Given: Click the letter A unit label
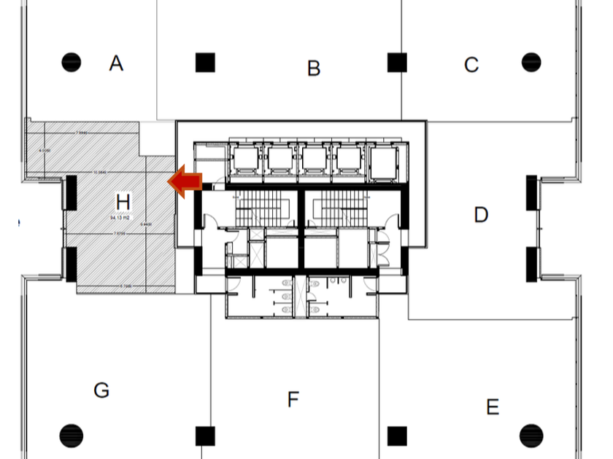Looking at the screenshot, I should [x=116, y=64].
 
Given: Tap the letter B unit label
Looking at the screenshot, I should [x=314, y=68].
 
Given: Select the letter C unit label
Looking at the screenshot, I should [x=471, y=65].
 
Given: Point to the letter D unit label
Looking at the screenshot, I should [x=481, y=215].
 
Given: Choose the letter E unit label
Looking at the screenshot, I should [x=493, y=407].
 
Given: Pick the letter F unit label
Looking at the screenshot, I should [x=293, y=399].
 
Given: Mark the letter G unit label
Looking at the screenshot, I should [x=101, y=391].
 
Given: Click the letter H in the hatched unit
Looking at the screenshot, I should [x=123, y=200].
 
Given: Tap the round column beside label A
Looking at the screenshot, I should [x=71, y=63].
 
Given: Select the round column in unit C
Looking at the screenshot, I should [x=531, y=62].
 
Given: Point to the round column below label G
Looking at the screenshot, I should [x=71, y=436].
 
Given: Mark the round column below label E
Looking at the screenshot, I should [x=531, y=436].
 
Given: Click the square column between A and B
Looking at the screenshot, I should [x=205, y=63].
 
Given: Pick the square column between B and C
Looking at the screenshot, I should [x=397, y=63].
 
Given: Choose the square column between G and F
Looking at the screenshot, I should [x=205, y=436].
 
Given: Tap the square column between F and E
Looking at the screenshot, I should [x=397, y=436].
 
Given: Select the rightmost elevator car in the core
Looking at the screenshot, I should [x=385, y=160].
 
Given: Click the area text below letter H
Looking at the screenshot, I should [x=120, y=217].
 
